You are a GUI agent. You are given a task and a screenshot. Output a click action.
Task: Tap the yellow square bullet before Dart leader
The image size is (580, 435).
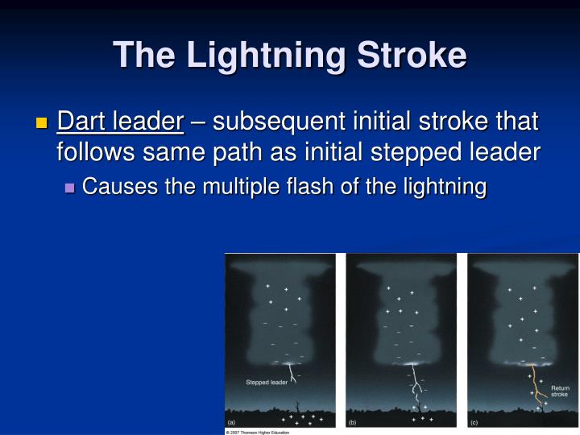pyautogui.click(x=43, y=123)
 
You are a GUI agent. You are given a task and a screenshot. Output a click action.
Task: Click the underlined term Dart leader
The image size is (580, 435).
pyautogui.click(x=121, y=122)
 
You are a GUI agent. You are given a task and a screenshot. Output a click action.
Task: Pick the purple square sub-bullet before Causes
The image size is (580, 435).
pyautogui.click(x=69, y=188)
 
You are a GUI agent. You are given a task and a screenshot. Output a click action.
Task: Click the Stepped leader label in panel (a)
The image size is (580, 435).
pyautogui.click(x=267, y=382)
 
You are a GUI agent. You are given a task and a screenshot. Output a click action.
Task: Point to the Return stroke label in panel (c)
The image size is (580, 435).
pyautogui.click(x=559, y=391)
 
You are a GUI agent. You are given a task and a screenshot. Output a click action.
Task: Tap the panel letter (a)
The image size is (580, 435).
pyautogui.click(x=231, y=421)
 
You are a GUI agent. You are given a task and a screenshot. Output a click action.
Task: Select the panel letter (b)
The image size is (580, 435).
pyautogui.click(x=352, y=421)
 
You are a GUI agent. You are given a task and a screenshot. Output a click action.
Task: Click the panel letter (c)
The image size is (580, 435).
pyautogui.click(x=474, y=421)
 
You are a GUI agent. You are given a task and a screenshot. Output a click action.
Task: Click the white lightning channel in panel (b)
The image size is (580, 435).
pyautogui.click(x=416, y=391)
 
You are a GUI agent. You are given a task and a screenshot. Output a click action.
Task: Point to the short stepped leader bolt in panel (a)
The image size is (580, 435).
pyautogui.click(x=291, y=368)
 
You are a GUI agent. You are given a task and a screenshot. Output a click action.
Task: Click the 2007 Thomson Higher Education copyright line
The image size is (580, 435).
pyautogui.click(x=257, y=432)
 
